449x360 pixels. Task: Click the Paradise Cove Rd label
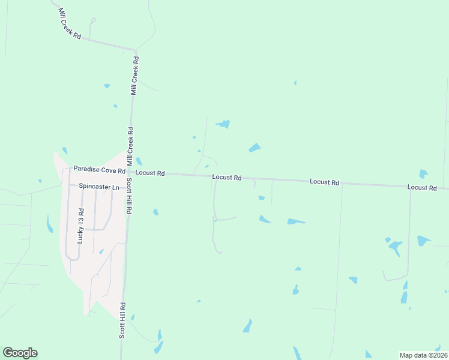[x=99, y=170]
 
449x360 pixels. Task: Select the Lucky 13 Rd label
[x=81, y=226]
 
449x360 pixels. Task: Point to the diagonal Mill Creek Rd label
[x=70, y=25]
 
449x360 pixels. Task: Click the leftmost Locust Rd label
[x=150, y=173]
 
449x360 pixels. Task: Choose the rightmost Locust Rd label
[x=421, y=188]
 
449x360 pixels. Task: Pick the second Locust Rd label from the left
[x=227, y=178]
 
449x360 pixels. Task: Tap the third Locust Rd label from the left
[x=325, y=182]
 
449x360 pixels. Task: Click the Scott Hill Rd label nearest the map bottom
[x=122, y=320]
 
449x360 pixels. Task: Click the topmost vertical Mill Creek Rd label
[x=135, y=76]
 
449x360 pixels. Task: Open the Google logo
[x=20, y=353]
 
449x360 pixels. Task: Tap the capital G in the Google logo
[x=8, y=353]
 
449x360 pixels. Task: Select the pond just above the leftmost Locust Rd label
[x=139, y=161]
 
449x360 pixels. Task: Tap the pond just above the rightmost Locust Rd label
[x=423, y=174]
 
